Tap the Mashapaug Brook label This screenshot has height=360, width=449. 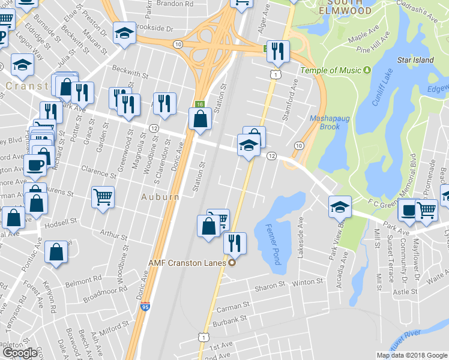click(325, 122)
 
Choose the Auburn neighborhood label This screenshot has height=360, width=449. click(160, 197)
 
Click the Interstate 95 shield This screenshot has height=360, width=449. click(145, 307)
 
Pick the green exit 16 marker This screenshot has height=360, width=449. click(200, 104)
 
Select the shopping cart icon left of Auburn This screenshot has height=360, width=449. click(103, 196)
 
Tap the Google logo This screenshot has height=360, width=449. click(19, 353)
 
